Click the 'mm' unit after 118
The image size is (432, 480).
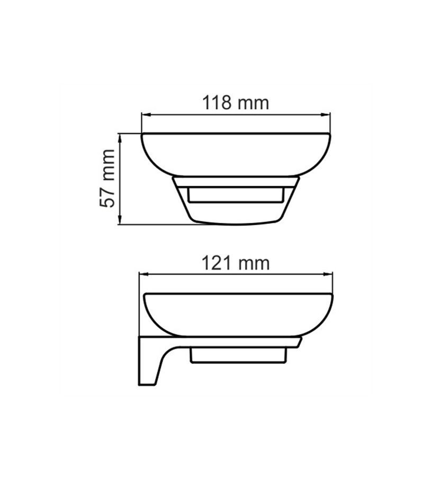click(x=253, y=104)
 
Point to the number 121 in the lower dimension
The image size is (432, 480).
click(x=216, y=262)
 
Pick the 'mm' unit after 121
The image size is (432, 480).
click(x=254, y=264)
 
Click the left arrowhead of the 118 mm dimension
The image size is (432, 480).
click(x=146, y=115)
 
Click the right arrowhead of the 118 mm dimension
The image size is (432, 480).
click(x=326, y=115)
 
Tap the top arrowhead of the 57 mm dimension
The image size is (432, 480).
click(x=120, y=138)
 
